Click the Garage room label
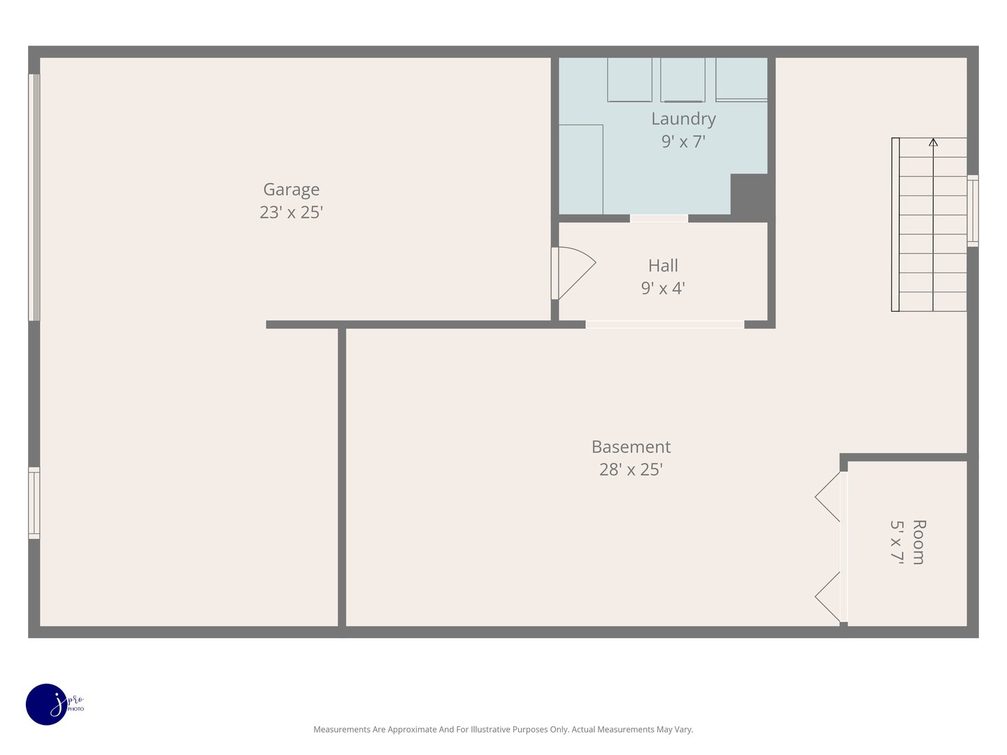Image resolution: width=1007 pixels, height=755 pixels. point(291,189)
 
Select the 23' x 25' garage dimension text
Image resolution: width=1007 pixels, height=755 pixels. point(291,212)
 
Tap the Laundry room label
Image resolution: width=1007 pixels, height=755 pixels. point(683,119)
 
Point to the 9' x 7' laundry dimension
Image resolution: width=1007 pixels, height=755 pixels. point(683,141)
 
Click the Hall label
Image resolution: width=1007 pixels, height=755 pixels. point(663,266)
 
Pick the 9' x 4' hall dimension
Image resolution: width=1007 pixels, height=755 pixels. point(663,288)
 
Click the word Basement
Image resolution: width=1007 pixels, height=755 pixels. point(631,447)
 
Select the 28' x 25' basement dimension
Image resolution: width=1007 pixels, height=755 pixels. point(631,469)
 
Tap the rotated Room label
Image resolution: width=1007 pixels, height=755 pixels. point(919,542)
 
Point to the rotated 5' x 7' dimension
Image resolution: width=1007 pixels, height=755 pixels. point(897,542)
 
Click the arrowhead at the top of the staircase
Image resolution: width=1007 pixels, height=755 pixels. point(933,143)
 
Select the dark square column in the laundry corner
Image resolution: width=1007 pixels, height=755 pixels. point(749,194)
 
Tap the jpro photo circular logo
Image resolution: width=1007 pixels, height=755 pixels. point(46,704)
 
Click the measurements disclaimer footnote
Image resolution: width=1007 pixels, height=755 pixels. point(503,729)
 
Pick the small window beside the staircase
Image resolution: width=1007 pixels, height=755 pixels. point(973,210)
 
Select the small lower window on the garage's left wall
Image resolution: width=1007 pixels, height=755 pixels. point(34,503)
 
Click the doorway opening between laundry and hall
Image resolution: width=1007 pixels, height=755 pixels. point(659,219)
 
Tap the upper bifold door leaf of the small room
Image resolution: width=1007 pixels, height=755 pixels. point(829,497)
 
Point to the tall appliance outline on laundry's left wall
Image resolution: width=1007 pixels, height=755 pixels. point(580,169)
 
